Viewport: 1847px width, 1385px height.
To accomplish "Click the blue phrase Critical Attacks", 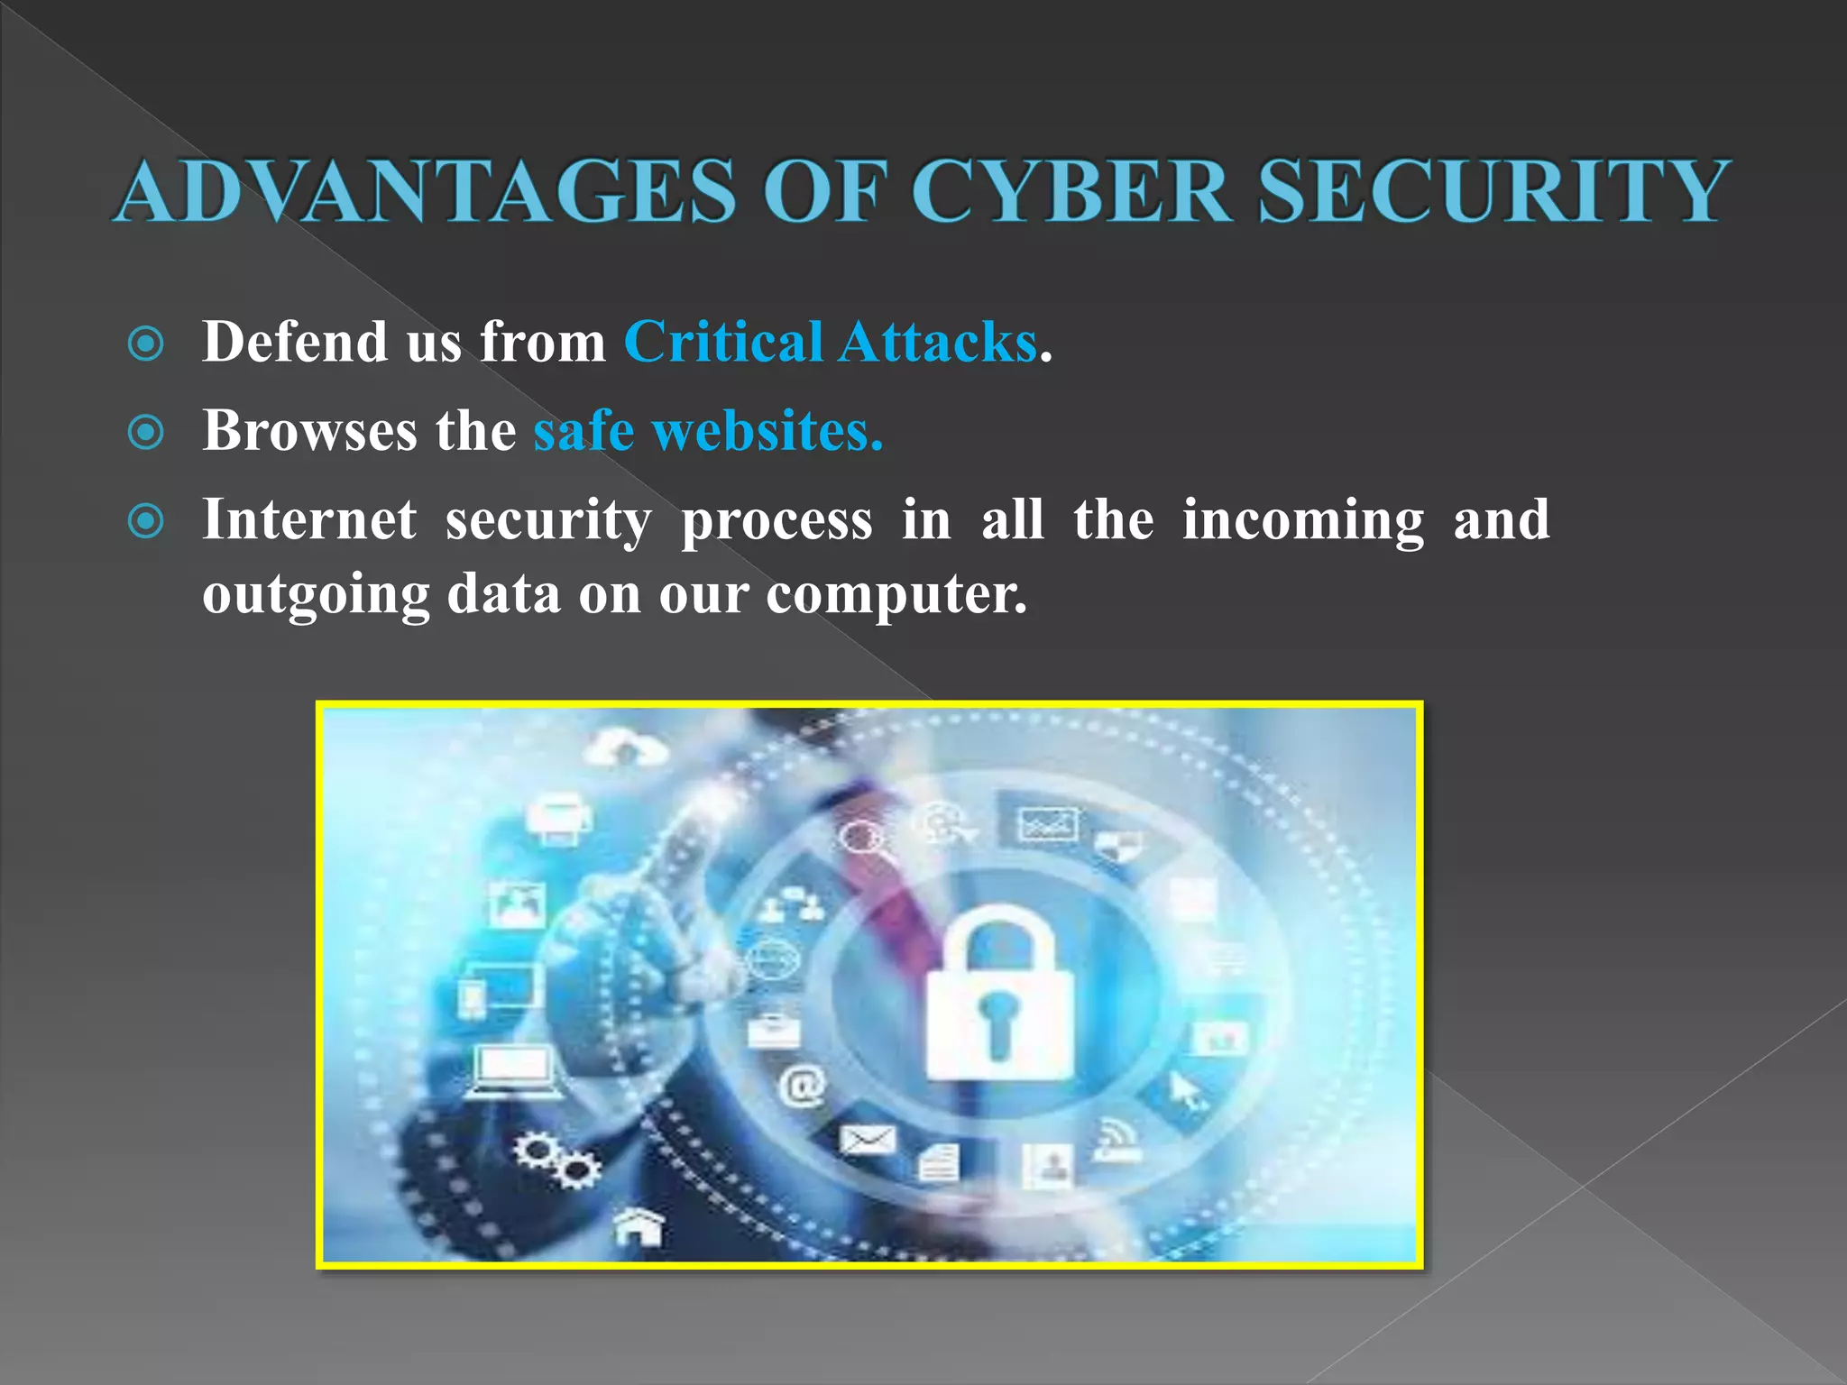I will coord(831,343).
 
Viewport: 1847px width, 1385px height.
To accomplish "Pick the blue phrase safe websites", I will coord(708,431).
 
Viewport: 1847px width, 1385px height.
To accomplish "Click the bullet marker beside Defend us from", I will coord(146,344).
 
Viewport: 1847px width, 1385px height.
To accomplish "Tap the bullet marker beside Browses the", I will coord(146,432).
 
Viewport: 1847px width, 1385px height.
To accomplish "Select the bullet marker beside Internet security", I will coord(146,520).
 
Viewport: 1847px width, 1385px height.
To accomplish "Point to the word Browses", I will coord(309,431).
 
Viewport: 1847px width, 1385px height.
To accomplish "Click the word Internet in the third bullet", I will coord(309,520).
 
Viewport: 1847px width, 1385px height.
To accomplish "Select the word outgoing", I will coord(316,595).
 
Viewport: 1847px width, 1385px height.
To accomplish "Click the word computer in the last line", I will coord(896,595).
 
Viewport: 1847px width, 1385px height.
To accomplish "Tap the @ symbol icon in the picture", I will coord(802,1085).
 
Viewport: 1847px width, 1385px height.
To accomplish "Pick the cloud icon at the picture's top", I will coord(626,748).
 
